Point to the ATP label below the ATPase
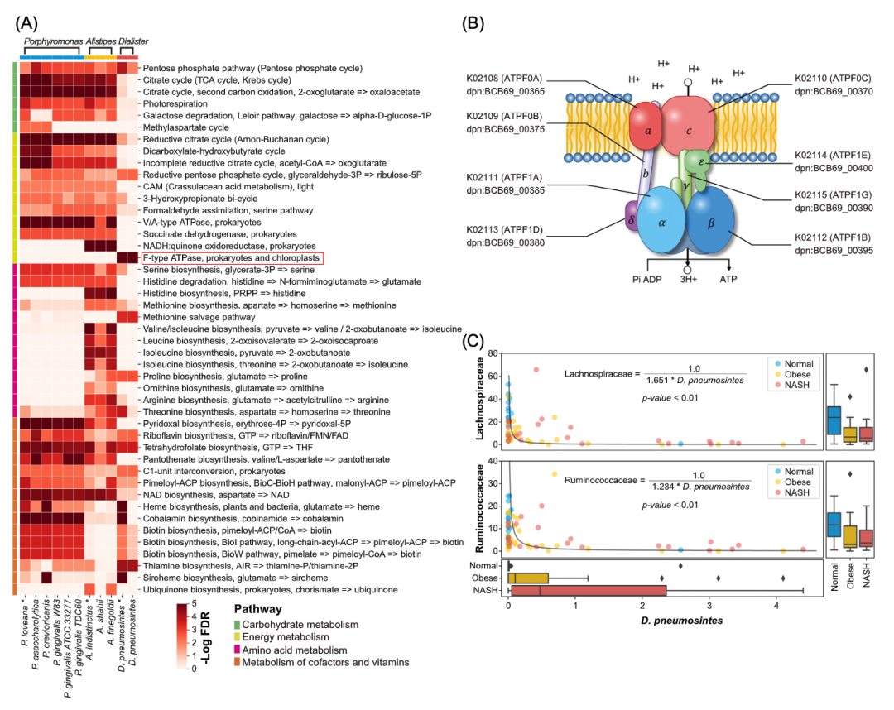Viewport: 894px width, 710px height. [x=728, y=281]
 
